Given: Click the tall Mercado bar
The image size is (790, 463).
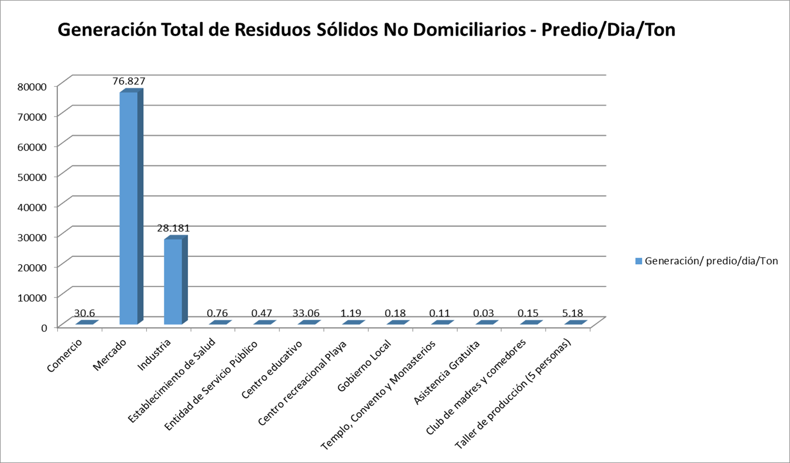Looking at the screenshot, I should click(128, 208).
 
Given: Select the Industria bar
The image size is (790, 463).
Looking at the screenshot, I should click(173, 281).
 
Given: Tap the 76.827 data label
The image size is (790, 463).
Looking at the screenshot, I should click(128, 81).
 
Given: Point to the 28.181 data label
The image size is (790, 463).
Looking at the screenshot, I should click(173, 228).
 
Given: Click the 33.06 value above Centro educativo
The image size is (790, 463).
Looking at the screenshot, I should click(307, 314).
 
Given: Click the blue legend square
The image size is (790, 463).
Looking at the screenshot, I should click(638, 261).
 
